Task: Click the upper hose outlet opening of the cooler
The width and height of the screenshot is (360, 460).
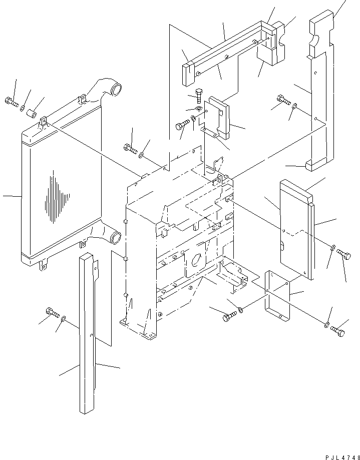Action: pos(118,92)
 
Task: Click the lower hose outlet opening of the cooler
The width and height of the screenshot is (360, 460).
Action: pos(115,237)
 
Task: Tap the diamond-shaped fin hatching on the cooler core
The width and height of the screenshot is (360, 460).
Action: pos(56,197)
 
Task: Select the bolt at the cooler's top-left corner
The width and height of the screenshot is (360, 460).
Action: pos(11,103)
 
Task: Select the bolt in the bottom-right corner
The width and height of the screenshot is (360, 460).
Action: pos(338,331)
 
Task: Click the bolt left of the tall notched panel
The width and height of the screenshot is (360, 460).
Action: pos(283,101)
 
